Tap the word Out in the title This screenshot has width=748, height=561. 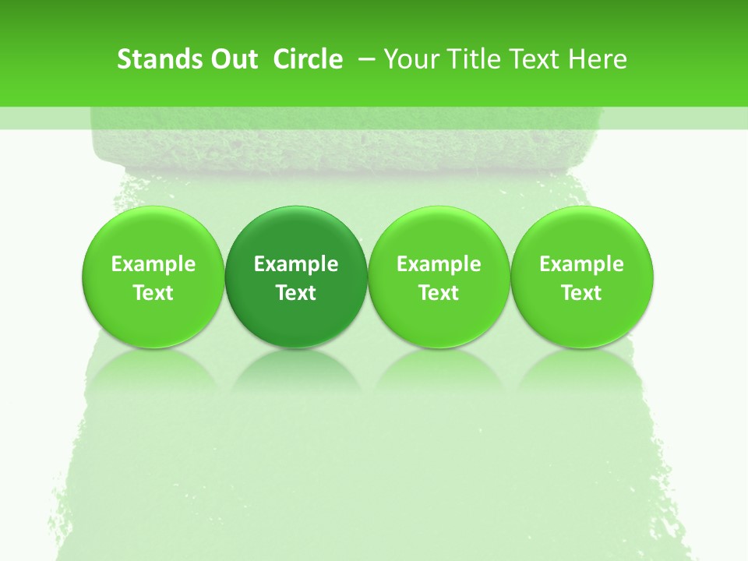233,59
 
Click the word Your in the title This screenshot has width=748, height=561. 410,59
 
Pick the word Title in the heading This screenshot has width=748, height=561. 472,59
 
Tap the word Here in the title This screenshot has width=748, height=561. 598,59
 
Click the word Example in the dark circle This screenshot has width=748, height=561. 296,265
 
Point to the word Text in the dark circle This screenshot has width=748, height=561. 296,293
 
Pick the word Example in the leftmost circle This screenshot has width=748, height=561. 153,265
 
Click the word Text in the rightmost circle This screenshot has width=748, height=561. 581,293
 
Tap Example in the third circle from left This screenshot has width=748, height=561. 439,265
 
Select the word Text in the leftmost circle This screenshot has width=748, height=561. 153,293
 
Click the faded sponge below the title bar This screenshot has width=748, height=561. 343,144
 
